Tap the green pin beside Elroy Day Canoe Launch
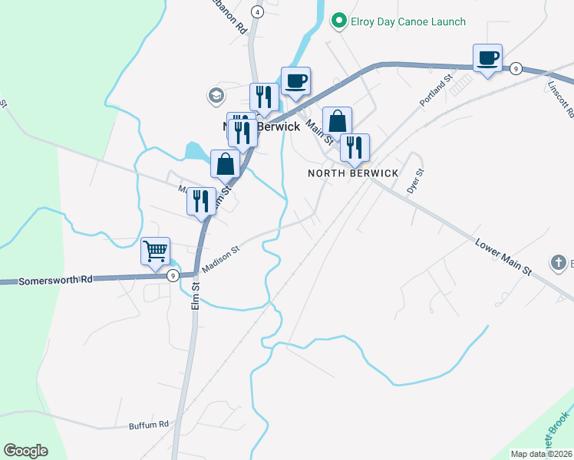[x=337, y=21]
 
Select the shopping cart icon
[x=155, y=251]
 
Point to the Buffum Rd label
[x=148, y=424]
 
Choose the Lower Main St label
[x=503, y=258]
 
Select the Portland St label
[x=437, y=90]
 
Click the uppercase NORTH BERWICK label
[x=353, y=173]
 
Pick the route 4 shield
[x=257, y=12]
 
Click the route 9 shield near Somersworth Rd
[x=173, y=275]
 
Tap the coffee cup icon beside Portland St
[x=487, y=58]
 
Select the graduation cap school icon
[x=215, y=95]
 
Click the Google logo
[x=25, y=451]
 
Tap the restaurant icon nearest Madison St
[x=200, y=202]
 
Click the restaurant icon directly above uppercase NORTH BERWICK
[x=355, y=146]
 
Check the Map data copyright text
[x=542, y=454]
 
